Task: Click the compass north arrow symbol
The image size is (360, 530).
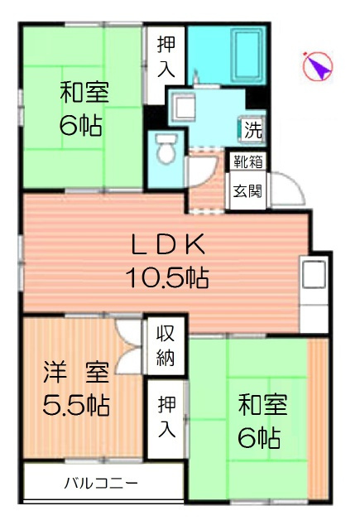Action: pyautogui.click(x=317, y=67)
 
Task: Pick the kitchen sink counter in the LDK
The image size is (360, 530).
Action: pyautogui.click(x=315, y=282)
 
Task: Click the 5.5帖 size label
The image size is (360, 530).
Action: pyautogui.click(x=76, y=406)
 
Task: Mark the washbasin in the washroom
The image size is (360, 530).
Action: pyautogui.click(x=184, y=105)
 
